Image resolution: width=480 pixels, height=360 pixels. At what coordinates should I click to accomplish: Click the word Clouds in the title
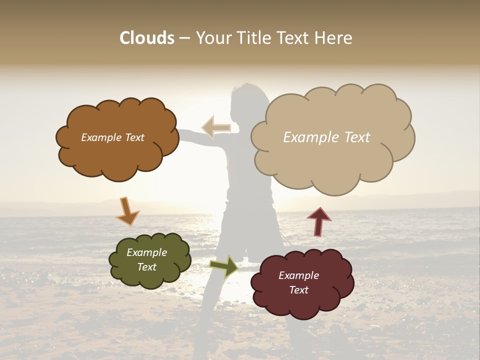click(x=147, y=38)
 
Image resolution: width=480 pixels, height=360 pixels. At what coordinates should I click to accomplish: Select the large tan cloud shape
click(x=330, y=165)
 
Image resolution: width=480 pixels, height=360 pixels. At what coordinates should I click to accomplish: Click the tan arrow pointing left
click(x=216, y=127)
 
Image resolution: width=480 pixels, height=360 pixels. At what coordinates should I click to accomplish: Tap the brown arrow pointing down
click(x=127, y=211)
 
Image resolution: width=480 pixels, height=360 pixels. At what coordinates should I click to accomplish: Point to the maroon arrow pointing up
click(x=319, y=221)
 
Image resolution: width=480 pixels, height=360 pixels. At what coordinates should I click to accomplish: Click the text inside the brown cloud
click(x=112, y=137)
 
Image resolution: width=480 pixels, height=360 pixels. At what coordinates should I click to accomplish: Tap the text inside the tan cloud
click(x=326, y=137)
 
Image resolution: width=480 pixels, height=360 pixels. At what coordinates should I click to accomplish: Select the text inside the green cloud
click(x=147, y=259)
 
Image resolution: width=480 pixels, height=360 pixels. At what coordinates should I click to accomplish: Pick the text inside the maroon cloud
click(x=298, y=282)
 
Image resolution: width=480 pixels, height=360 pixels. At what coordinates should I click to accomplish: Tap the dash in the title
click(x=184, y=38)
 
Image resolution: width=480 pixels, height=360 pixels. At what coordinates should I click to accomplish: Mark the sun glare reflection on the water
click(x=235, y=285)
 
